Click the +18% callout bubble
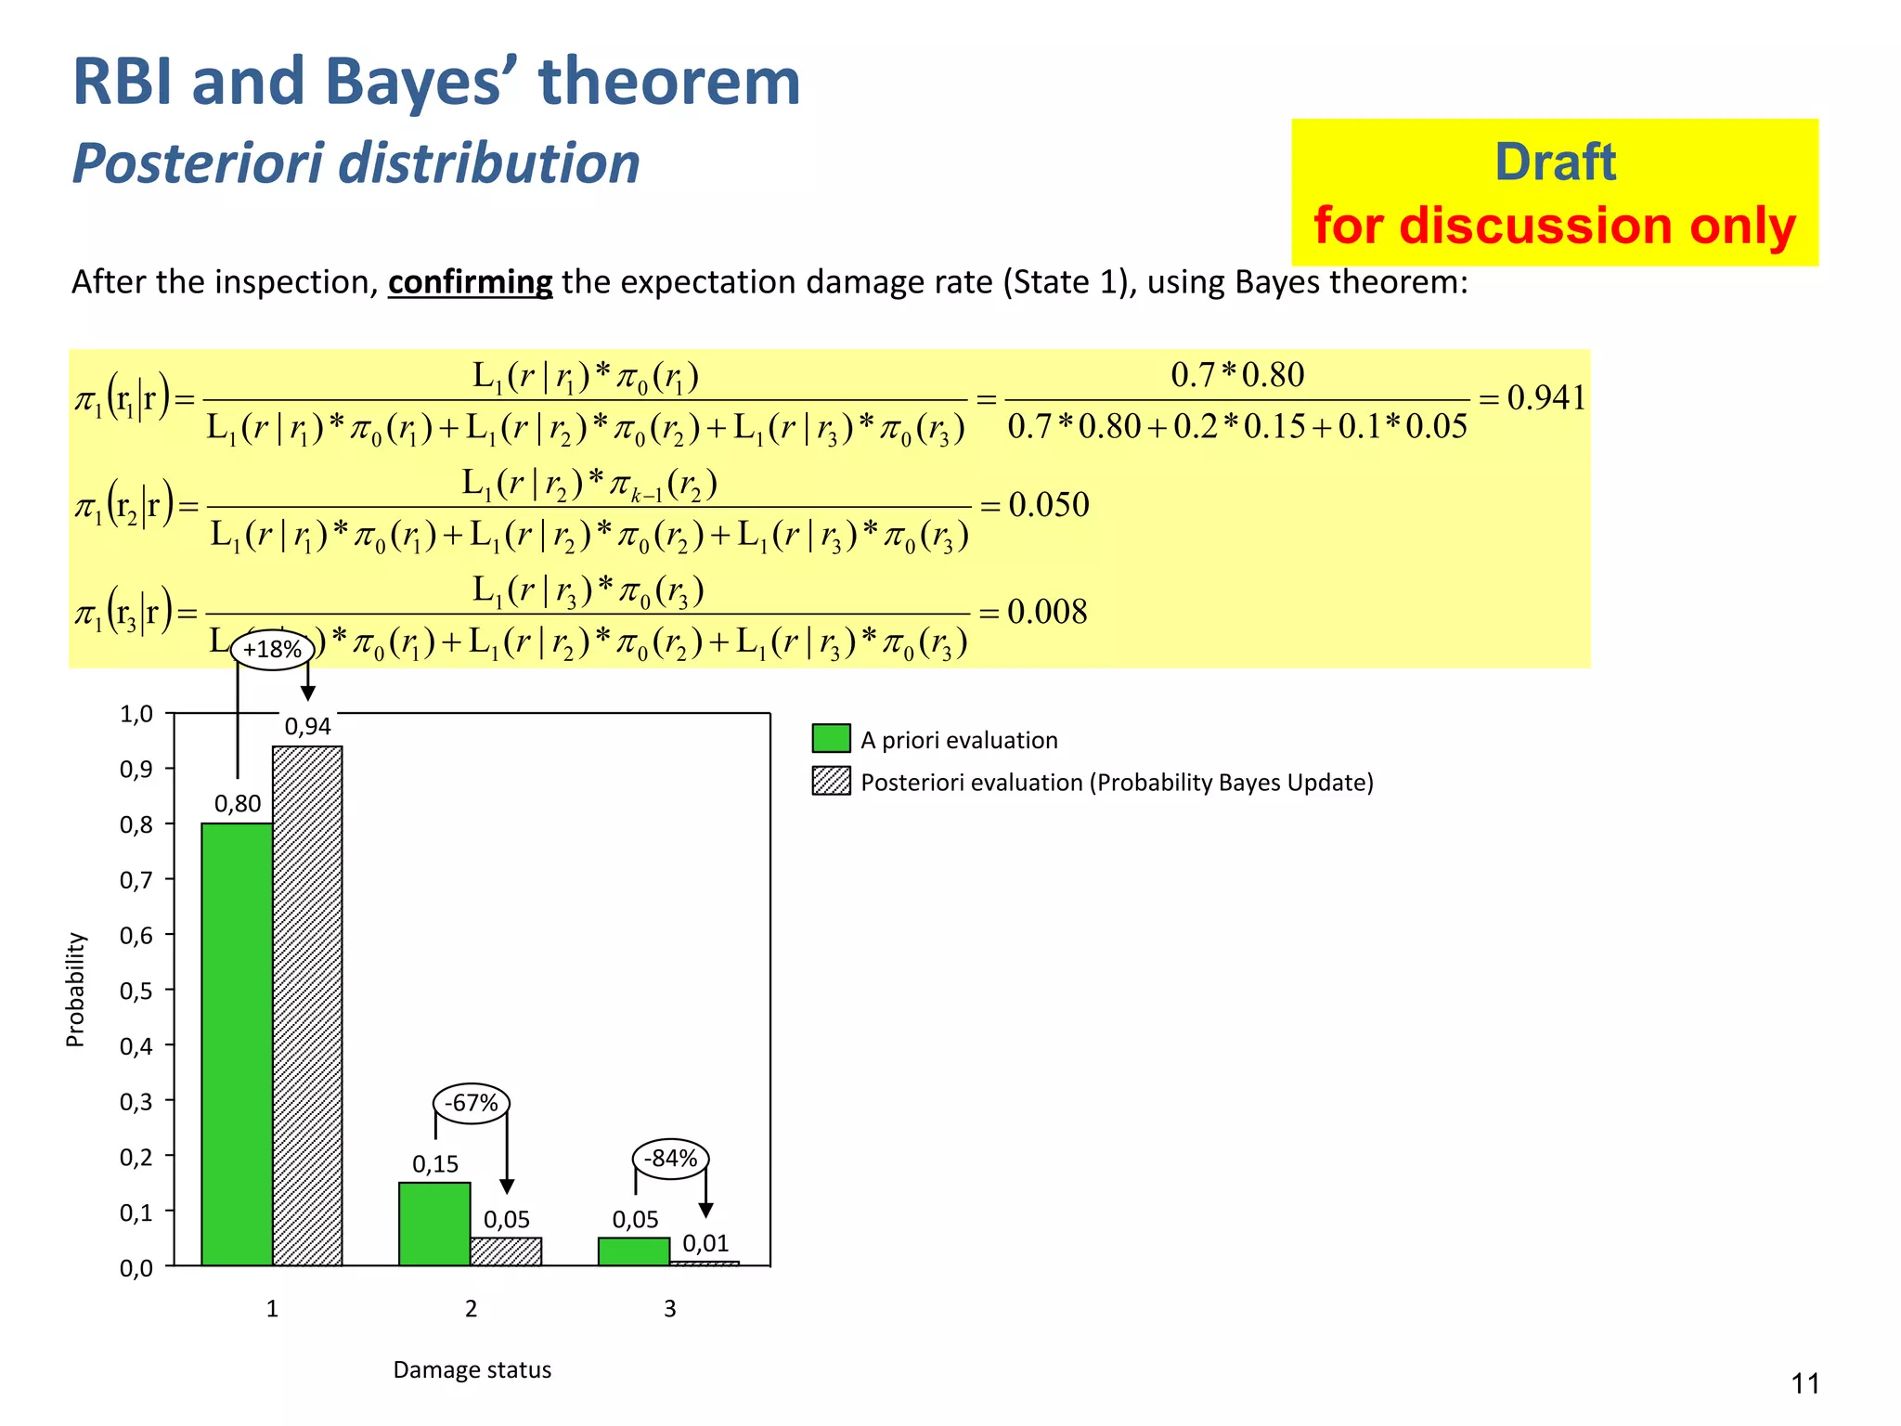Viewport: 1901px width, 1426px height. tap(271, 649)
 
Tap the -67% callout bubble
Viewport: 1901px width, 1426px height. tap(472, 1103)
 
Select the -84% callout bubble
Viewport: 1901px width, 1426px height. tap(670, 1158)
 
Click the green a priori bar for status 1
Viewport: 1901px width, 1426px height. tap(237, 1044)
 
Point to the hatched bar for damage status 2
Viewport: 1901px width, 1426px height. tap(506, 1251)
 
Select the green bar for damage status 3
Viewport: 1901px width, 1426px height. tap(634, 1251)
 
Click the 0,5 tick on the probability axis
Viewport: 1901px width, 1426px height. tap(136, 991)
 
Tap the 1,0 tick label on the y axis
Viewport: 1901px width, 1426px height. tap(136, 714)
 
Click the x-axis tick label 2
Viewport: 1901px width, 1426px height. tap(471, 1308)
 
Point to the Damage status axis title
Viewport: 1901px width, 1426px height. tap(472, 1369)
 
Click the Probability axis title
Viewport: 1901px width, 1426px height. tap(75, 990)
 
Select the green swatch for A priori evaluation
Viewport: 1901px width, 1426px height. tap(831, 739)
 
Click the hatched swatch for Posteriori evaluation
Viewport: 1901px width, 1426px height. tap(831, 781)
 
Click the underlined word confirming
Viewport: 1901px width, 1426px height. tap(470, 281)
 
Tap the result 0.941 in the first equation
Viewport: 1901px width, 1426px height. tap(1545, 397)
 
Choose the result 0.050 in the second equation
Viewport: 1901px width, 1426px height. tap(1048, 505)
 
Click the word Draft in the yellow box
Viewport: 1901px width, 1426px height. tap(1555, 162)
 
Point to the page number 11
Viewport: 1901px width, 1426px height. tap(1804, 1383)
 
